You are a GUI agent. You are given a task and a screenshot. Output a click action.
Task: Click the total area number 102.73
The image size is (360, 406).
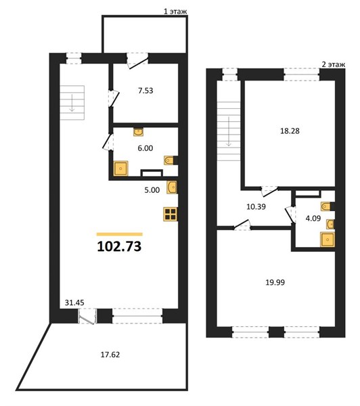coord(119,246)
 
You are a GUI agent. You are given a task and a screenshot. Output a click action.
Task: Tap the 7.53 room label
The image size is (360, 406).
coord(145,91)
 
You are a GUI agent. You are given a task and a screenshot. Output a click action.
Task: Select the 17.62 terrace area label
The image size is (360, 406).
coord(110,355)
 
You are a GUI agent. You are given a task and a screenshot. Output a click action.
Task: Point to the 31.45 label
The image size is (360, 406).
coord(74,302)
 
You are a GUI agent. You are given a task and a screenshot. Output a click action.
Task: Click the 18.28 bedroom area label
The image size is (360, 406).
coord(290,131)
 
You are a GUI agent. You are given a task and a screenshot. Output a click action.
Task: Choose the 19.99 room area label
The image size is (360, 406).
coord(275,282)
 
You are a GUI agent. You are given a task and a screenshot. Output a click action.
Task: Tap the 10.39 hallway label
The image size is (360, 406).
coord(256,206)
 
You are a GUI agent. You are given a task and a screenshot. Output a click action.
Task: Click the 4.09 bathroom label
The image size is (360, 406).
coord(313,219)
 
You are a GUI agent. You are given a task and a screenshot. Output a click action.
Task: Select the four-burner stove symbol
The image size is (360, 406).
coord(170,214)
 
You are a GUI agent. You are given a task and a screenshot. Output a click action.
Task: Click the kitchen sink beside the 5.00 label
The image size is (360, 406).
coord(172,187)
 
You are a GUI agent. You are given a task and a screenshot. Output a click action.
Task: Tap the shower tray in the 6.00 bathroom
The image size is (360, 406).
coord(121,168)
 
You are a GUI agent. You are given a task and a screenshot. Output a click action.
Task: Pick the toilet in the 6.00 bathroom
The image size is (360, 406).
coord(170,160)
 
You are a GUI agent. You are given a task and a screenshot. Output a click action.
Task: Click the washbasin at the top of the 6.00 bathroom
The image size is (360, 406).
coord(139,132)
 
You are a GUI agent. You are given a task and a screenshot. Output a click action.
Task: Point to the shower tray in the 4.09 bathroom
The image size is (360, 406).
coord(328,240)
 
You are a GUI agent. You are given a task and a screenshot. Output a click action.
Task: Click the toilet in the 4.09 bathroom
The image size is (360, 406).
coord(327,206)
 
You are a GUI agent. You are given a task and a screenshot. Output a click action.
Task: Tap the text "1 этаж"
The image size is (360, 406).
coord(175,12)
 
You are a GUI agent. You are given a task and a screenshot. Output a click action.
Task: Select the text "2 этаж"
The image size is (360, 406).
coord(334,64)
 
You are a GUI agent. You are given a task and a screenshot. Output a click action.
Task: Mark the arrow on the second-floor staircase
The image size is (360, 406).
coord(229,131)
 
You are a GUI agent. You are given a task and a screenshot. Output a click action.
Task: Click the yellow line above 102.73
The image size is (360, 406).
coord(120,234)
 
